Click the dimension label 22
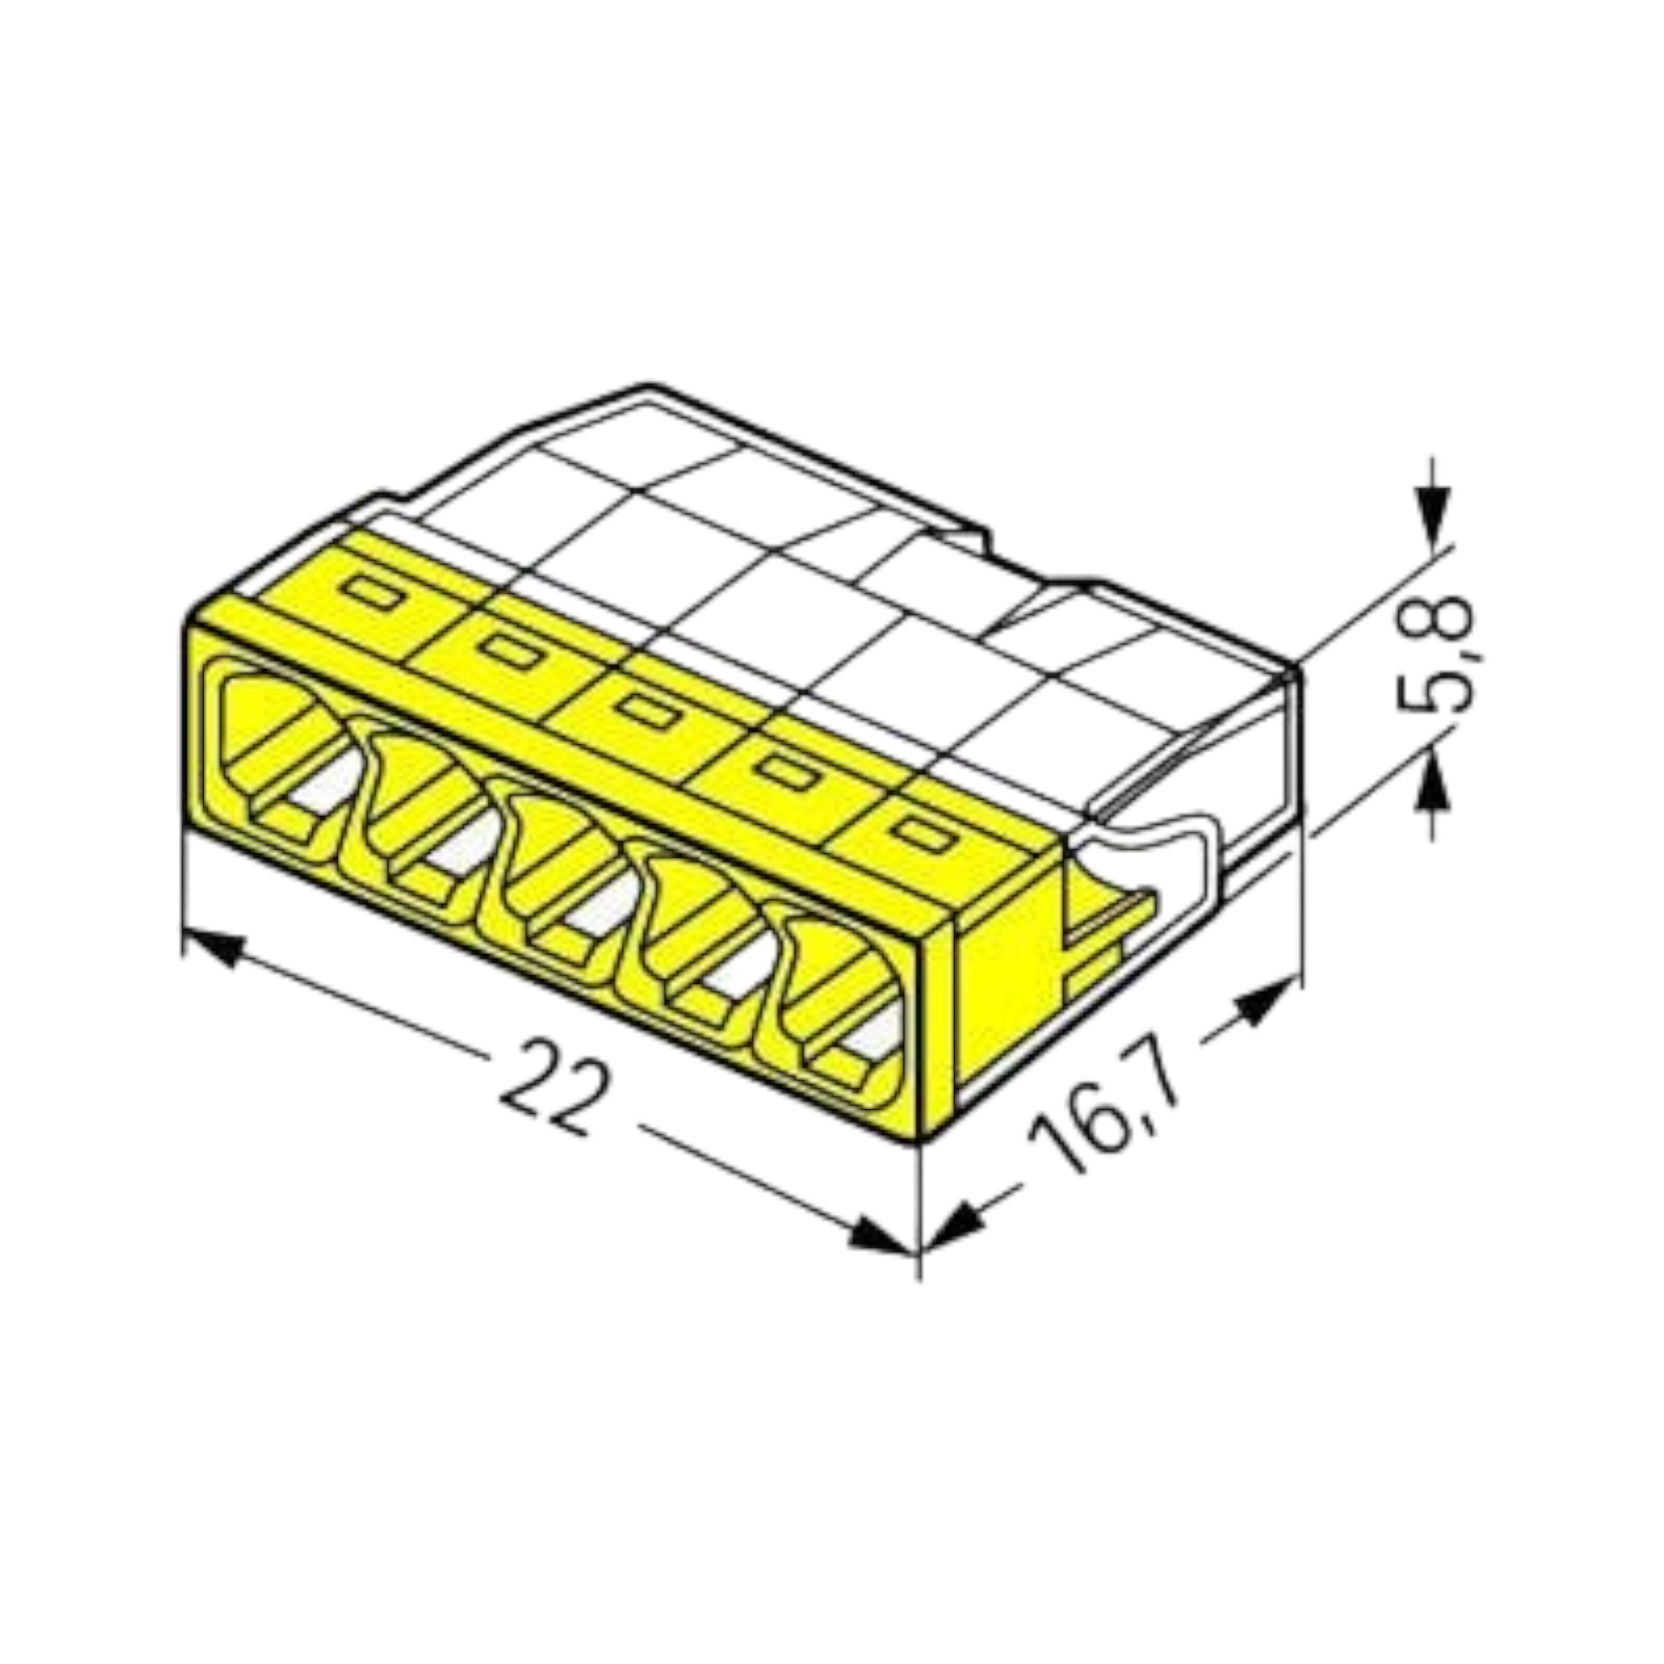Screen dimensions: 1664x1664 [548, 1088]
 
